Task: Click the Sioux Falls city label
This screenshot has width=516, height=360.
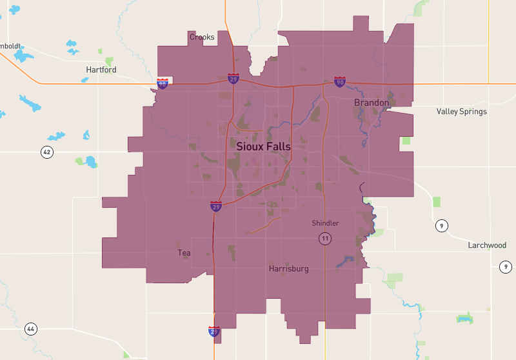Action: (263, 146)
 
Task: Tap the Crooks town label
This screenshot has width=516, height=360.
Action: (202, 37)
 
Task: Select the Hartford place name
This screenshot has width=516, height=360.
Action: (101, 70)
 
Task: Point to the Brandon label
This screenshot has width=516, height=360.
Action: (372, 103)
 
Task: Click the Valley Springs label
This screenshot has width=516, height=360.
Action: (461, 112)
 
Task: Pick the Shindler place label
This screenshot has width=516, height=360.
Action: (325, 223)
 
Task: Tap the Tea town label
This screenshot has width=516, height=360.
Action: (184, 253)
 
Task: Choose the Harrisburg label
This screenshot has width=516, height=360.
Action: (288, 268)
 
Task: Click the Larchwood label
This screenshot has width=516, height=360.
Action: (487, 245)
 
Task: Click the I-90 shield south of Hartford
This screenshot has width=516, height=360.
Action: (163, 84)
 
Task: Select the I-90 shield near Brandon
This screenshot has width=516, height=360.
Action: (340, 81)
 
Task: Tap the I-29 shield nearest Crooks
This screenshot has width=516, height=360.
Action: (233, 79)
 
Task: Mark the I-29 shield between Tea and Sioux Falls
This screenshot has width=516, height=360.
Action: (216, 206)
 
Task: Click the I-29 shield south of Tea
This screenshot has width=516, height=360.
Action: (215, 332)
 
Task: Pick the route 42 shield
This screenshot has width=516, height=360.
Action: (46, 152)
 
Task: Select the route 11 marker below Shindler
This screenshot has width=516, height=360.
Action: (325, 239)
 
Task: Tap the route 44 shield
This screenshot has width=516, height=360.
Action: (30, 329)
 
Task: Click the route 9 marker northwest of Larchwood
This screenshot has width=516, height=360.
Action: (442, 226)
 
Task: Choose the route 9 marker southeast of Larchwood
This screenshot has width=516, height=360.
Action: (506, 266)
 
